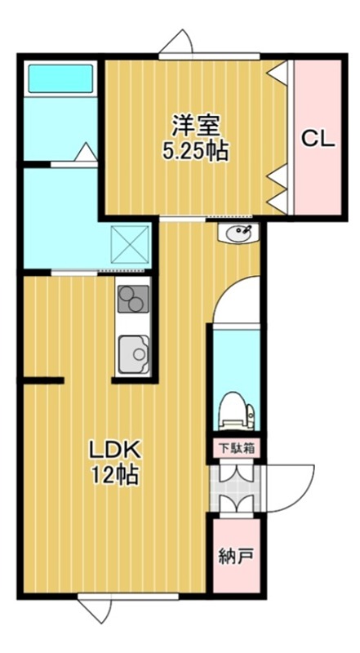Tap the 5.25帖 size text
(x=194, y=151)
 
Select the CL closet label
(x=318, y=138)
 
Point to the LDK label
(x=116, y=449)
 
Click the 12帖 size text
(x=116, y=474)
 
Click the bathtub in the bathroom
(x=62, y=79)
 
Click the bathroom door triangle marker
(x=85, y=153)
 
